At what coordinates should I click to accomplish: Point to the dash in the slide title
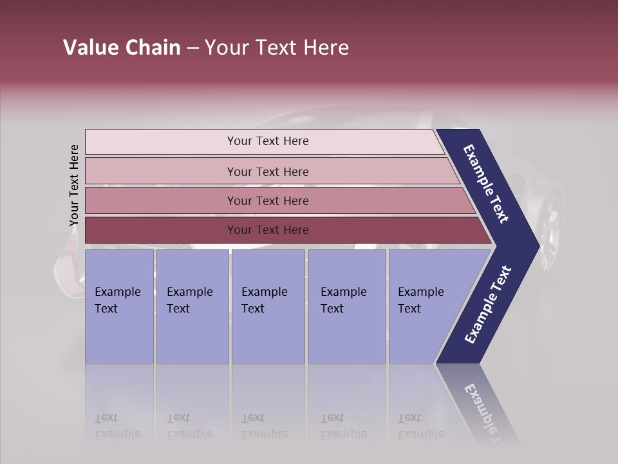tap(192, 48)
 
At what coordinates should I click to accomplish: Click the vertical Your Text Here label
tap(74, 185)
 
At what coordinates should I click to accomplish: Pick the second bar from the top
tap(267, 171)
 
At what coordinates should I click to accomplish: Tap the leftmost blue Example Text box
tap(119, 306)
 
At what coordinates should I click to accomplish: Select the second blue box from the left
tap(192, 306)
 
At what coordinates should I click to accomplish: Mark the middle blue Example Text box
tap(268, 306)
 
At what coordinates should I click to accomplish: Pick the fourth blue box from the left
tap(347, 306)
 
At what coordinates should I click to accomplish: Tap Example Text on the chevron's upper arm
tap(487, 184)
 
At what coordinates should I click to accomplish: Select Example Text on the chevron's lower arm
tap(487, 305)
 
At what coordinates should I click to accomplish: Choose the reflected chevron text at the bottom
tap(483, 406)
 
